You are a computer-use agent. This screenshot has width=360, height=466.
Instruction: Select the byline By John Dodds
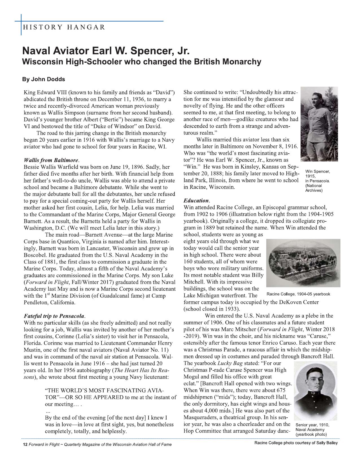coord(43,79)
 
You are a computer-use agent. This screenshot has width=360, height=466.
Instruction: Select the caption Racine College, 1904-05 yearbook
coord(298,294)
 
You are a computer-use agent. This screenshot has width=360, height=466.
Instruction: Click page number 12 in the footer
coord(25,445)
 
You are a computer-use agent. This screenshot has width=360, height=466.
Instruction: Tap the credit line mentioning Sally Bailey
coord(296,443)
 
